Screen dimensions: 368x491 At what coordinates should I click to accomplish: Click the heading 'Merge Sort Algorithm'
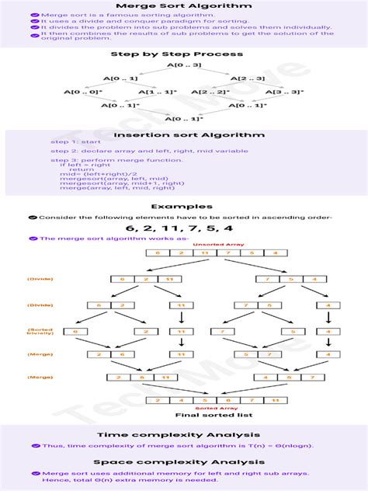click(183, 5)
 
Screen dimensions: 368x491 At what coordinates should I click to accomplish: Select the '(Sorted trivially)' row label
click(40, 331)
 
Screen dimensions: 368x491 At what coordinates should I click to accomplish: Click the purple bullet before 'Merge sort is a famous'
click(35, 15)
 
